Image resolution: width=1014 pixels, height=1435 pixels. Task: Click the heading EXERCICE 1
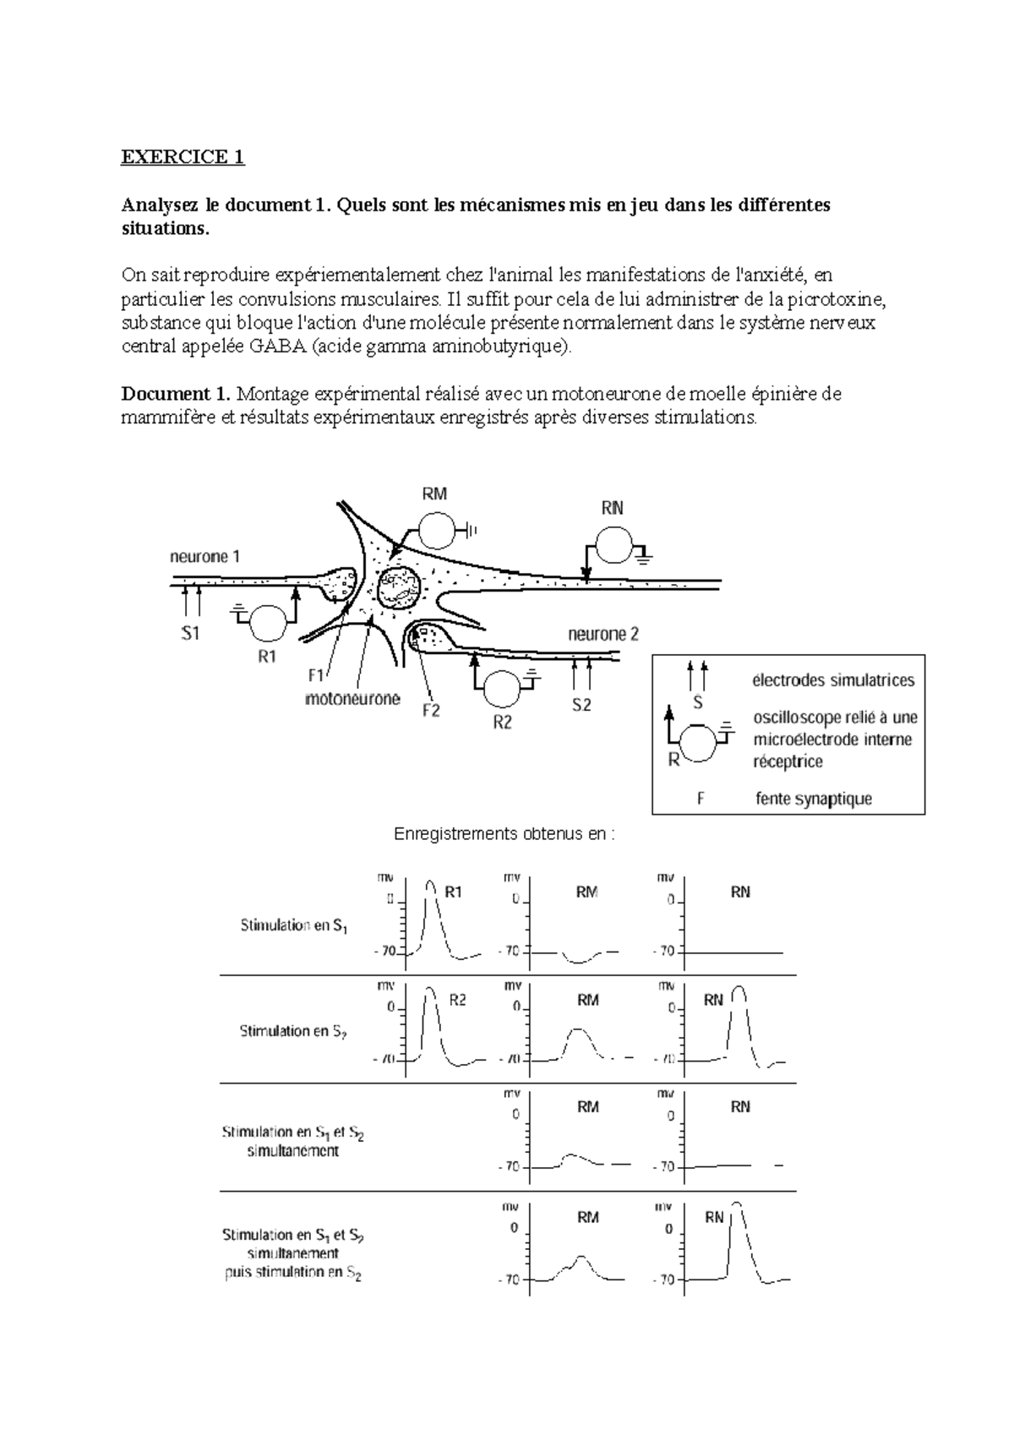click(183, 157)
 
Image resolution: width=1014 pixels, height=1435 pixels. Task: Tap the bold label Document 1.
click(176, 394)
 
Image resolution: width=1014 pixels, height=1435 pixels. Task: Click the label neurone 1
click(205, 556)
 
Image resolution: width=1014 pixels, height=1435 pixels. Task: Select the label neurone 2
click(603, 634)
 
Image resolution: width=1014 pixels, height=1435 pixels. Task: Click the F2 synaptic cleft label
click(431, 711)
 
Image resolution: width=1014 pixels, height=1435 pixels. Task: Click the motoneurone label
click(352, 700)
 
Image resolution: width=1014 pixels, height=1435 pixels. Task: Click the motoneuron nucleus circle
click(397, 587)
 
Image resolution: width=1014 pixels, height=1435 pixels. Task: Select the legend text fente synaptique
click(813, 799)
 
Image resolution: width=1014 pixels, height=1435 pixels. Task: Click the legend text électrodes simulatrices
click(833, 680)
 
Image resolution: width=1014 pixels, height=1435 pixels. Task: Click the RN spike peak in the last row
click(737, 1203)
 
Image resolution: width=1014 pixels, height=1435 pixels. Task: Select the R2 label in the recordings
click(457, 1001)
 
